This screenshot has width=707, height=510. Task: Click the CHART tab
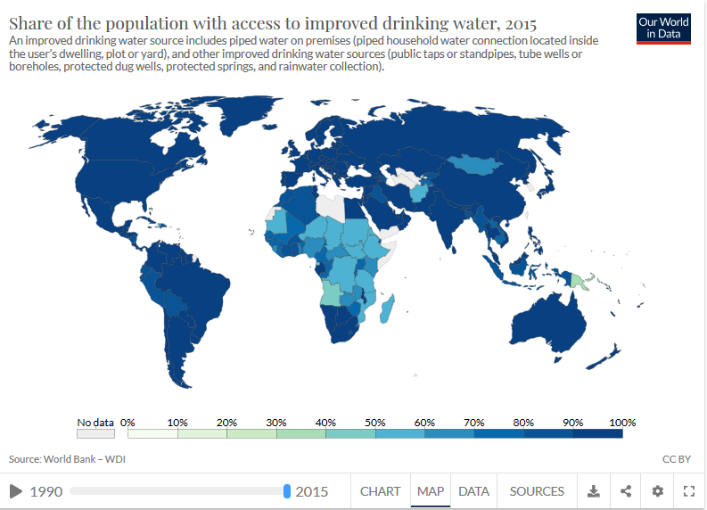pyautogui.click(x=380, y=491)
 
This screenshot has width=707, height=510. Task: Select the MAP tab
pyautogui.click(x=431, y=491)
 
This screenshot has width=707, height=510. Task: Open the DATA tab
pyautogui.click(x=473, y=491)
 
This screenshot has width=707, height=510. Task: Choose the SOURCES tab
pyautogui.click(x=537, y=491)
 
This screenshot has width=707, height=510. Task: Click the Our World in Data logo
pyautogui.click(x=663, y=28)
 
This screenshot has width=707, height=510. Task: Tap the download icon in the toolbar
pyautogui.click(x=594, y=491)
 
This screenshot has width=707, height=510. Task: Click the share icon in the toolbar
pyautogui.click(x=626, y=491)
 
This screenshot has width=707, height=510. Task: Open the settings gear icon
pyautogui.click(x=657, y=491)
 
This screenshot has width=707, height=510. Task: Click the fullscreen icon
pyautogui.click(x=688, y=491)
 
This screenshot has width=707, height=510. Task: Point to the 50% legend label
pyautogui.click(x=375, y=422)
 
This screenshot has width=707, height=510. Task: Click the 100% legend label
pyautogui.click(x=621, y=422)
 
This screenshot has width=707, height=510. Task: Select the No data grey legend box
pyautogui.click(x=95, y=434)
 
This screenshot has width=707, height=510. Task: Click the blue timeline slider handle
pyautogui.click(x=287, y=491)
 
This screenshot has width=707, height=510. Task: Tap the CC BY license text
pyautogui.click(x=677, y=459)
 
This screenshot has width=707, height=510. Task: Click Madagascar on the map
pyautogui.click(x=387, y=310)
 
